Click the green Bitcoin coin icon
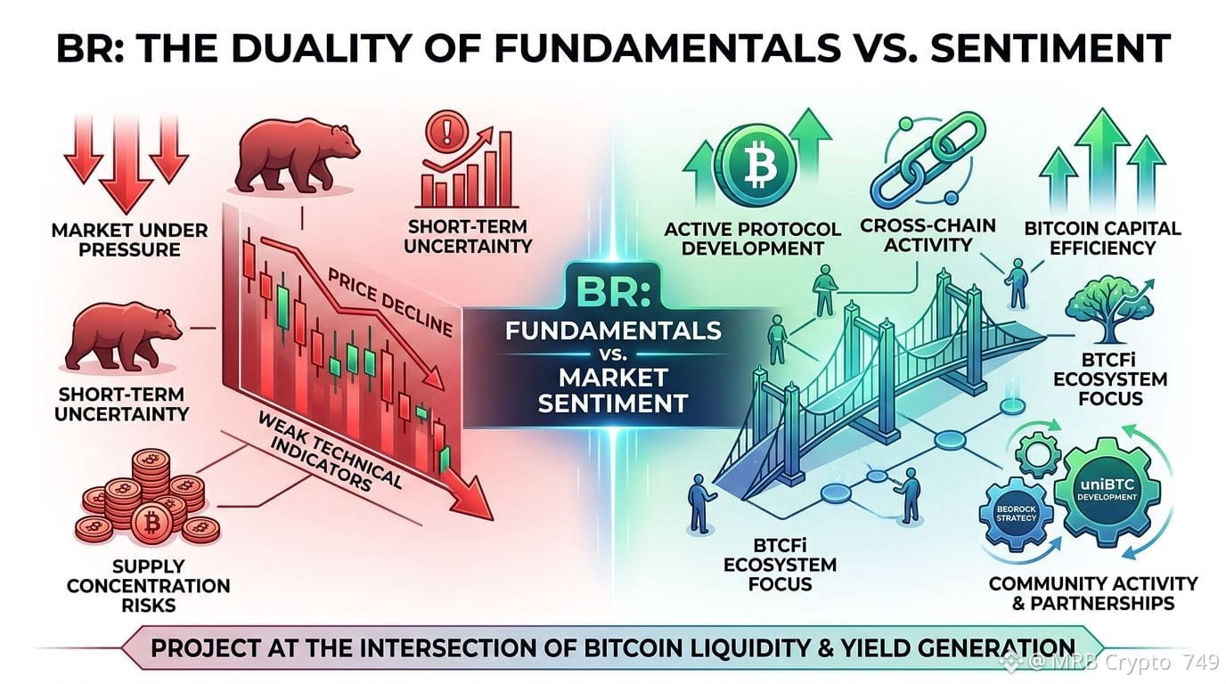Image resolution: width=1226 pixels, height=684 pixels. point(756,163)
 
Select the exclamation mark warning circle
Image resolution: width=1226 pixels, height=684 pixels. point(447,131)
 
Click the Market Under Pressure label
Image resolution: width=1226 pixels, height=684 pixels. point(130,240)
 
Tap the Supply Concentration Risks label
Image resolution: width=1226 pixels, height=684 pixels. point(148,585)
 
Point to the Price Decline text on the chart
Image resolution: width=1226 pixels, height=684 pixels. point(389,303)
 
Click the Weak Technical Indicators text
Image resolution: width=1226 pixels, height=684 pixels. point(330,451)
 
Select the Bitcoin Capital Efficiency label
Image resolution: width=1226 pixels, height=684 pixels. point(1103,238)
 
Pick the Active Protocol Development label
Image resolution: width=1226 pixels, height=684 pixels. point(753,239)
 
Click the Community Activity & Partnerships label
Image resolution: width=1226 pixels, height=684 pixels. point(1093,594)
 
